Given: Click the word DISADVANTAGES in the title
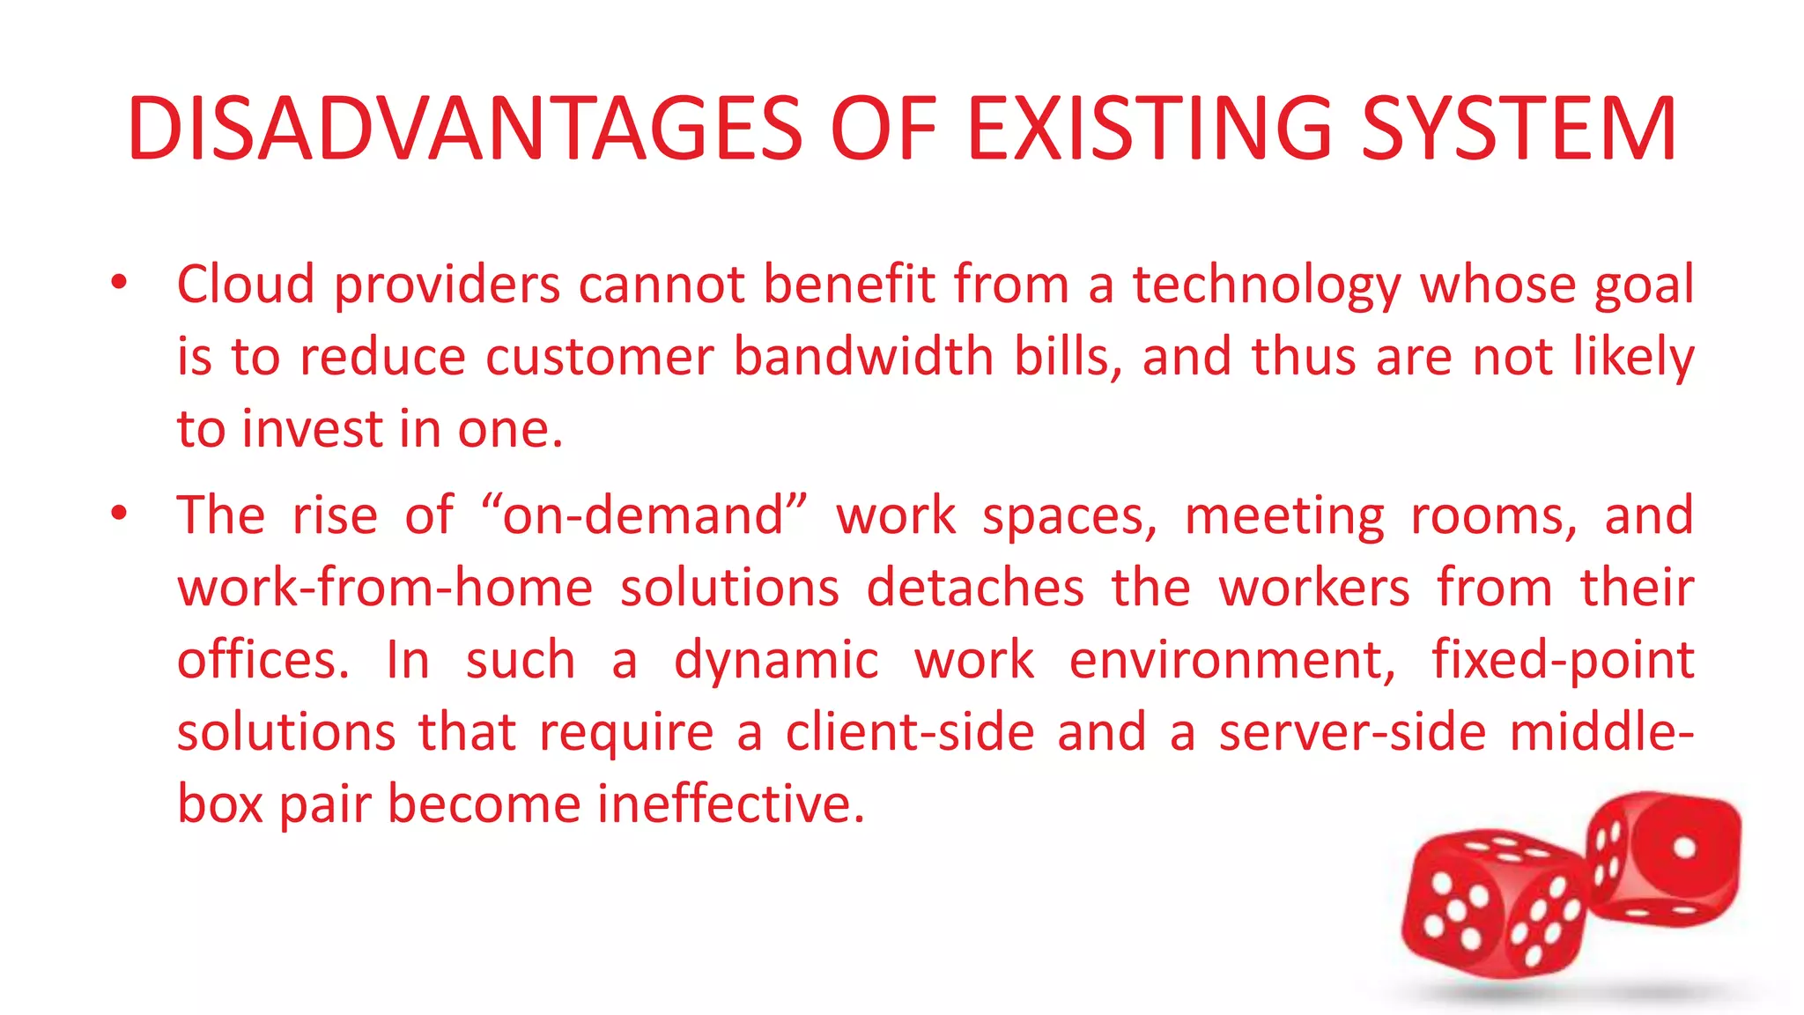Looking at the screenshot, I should (464, 130).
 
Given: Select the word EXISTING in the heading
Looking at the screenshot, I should (1150, 130).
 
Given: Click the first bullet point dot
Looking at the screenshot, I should (120, 283).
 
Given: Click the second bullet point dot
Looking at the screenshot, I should (120, 514).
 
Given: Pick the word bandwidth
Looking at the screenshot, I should (863, 357).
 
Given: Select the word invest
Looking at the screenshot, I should (314, 429).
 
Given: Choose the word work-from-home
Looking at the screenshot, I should (385, 588).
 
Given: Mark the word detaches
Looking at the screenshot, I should (974, 588).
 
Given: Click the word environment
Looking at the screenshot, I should (1231, 660).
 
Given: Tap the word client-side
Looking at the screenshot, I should (910, 732).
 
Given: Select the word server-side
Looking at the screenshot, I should (1352, 732).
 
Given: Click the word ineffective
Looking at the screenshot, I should (731, 804).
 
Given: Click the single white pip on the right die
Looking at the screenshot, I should (1684, 848).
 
